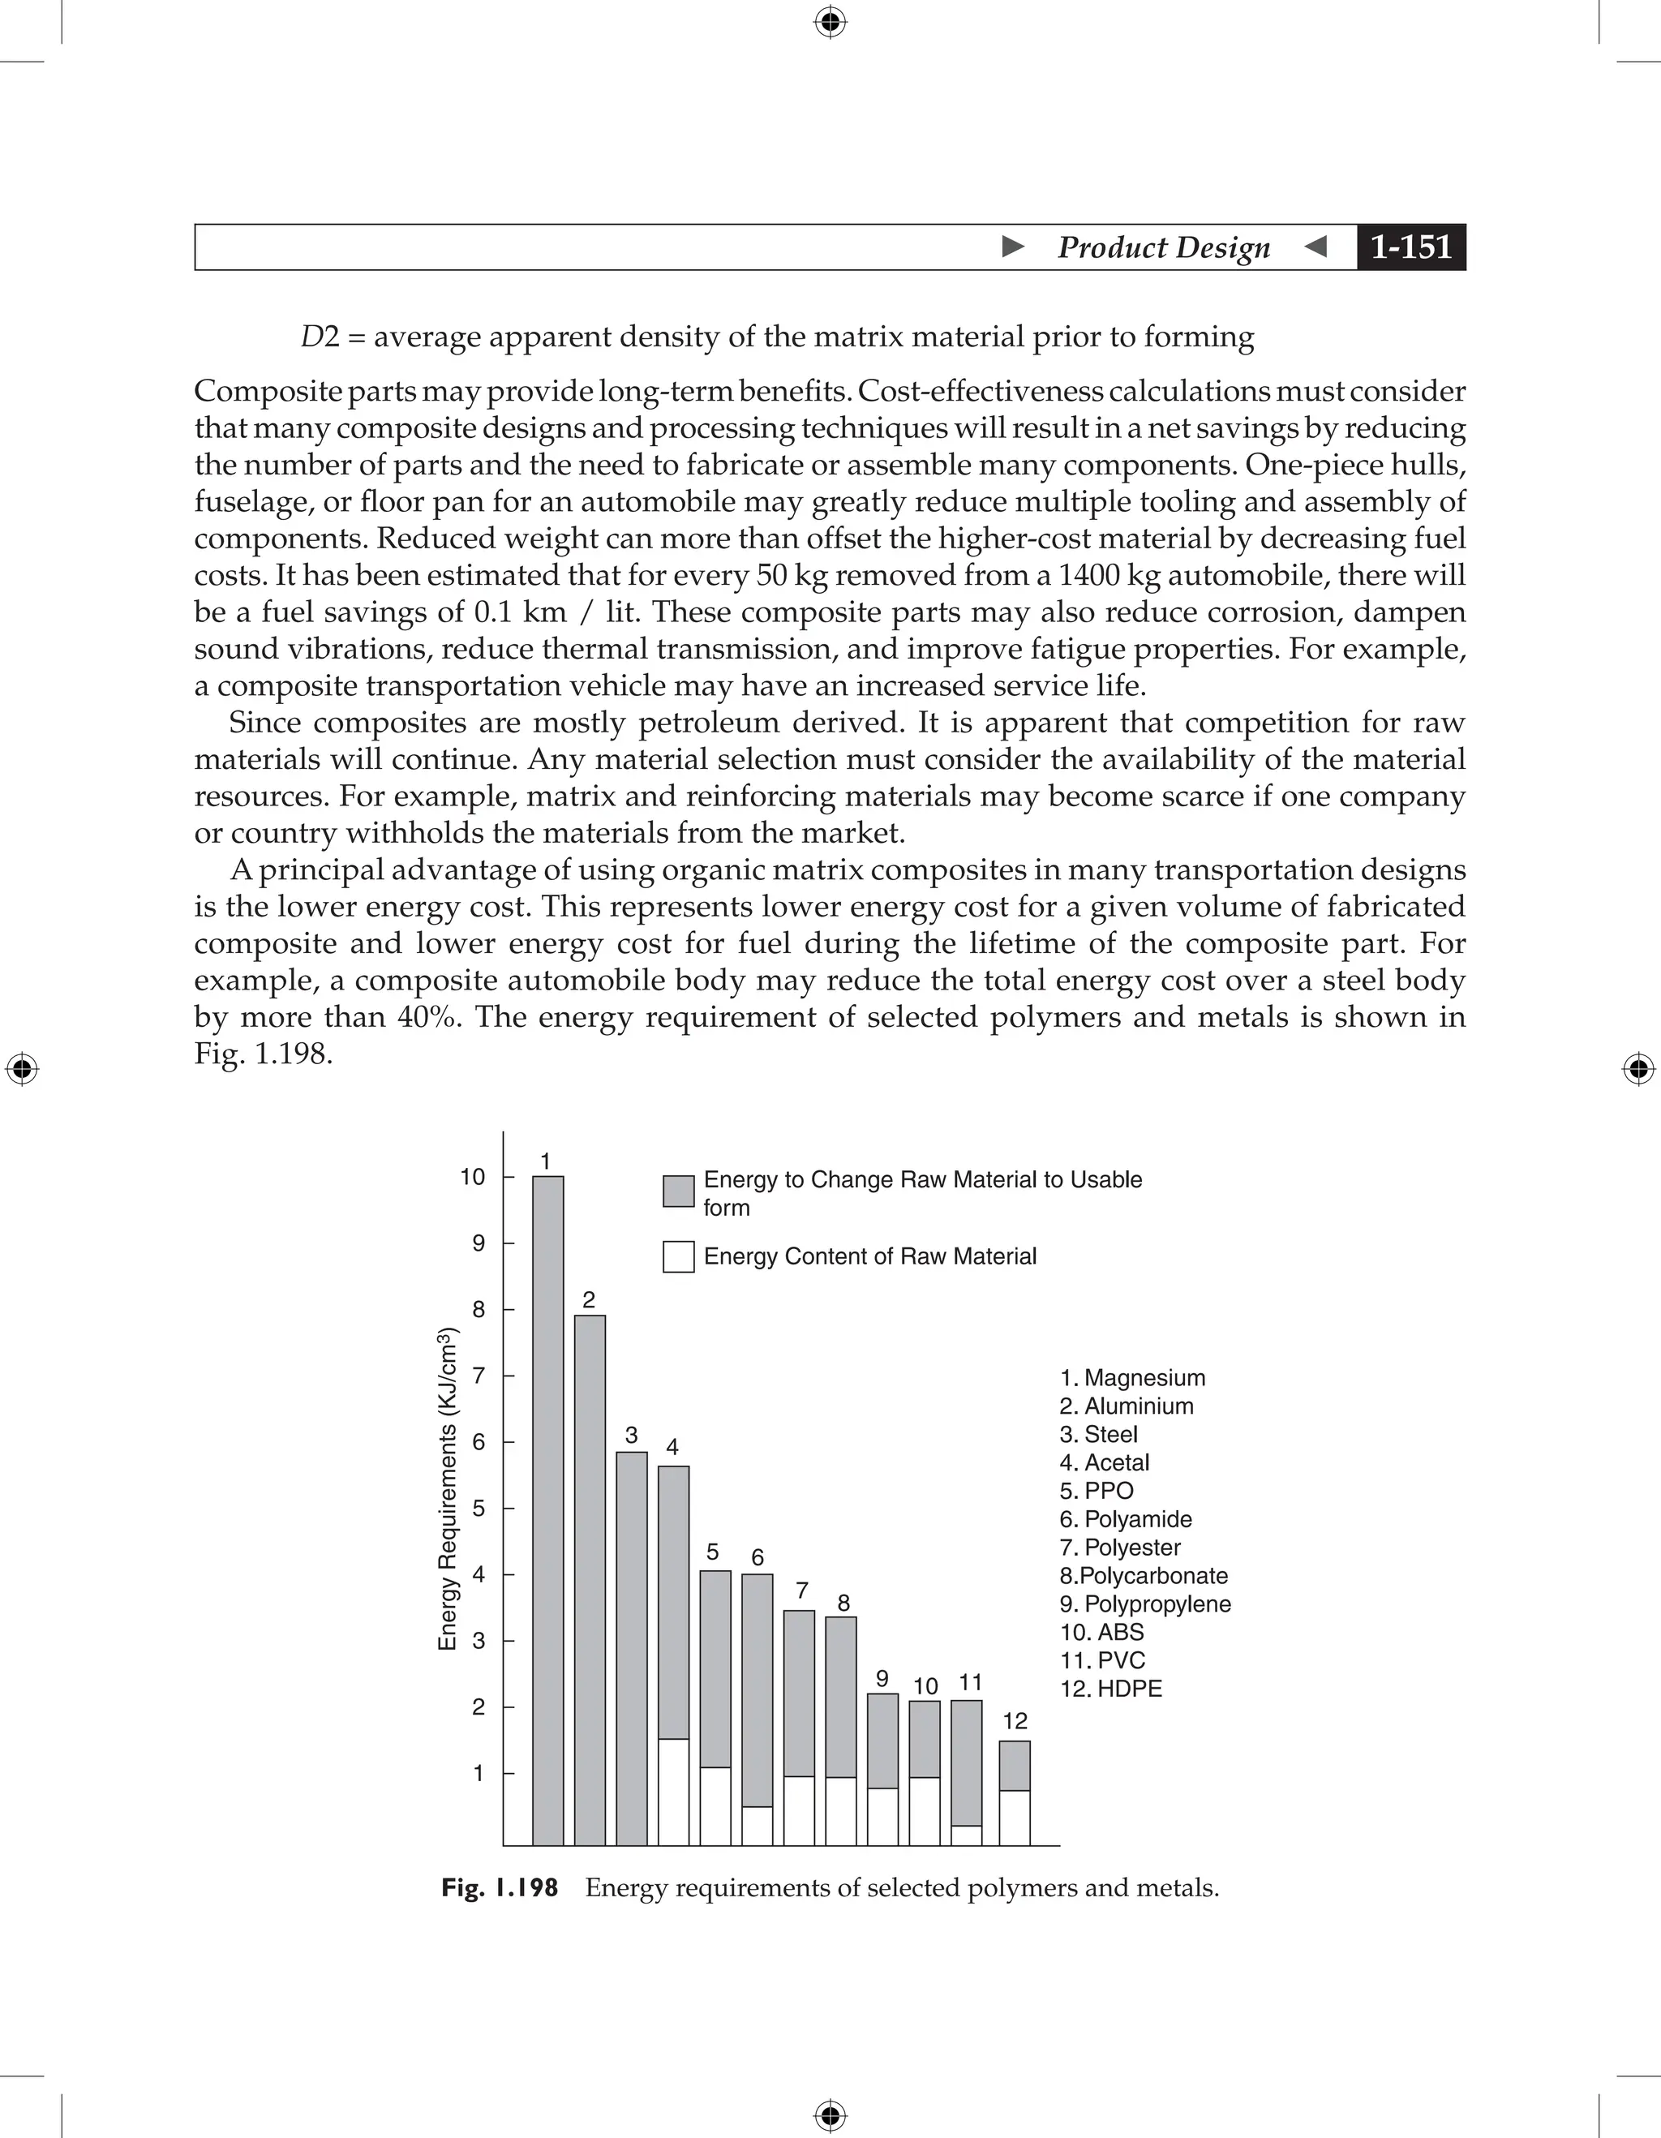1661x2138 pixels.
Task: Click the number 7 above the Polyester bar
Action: [x=801, y=1590]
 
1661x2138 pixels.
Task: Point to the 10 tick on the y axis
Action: [x=473, y=1177]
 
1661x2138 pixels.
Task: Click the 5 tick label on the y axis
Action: [x=479, y=1509]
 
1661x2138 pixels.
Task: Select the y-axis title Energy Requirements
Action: [x=448, y=1489]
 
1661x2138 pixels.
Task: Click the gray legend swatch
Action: [x=678, y=1191]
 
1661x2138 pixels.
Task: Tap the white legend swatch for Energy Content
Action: [x=678, y=1257]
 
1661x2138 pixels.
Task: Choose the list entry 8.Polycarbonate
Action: [x=1144, y=1576]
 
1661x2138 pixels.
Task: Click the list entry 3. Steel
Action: [x=1098, y=1434]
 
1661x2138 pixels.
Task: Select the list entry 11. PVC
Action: [x=1102, y=1660]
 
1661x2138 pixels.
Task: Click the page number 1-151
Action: [x=1410, y=247]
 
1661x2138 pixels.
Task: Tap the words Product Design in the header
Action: [x=1164, y=247]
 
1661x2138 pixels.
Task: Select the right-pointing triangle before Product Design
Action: [x=1014, y=247]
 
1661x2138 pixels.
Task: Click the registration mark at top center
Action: [x=830, y=22]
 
